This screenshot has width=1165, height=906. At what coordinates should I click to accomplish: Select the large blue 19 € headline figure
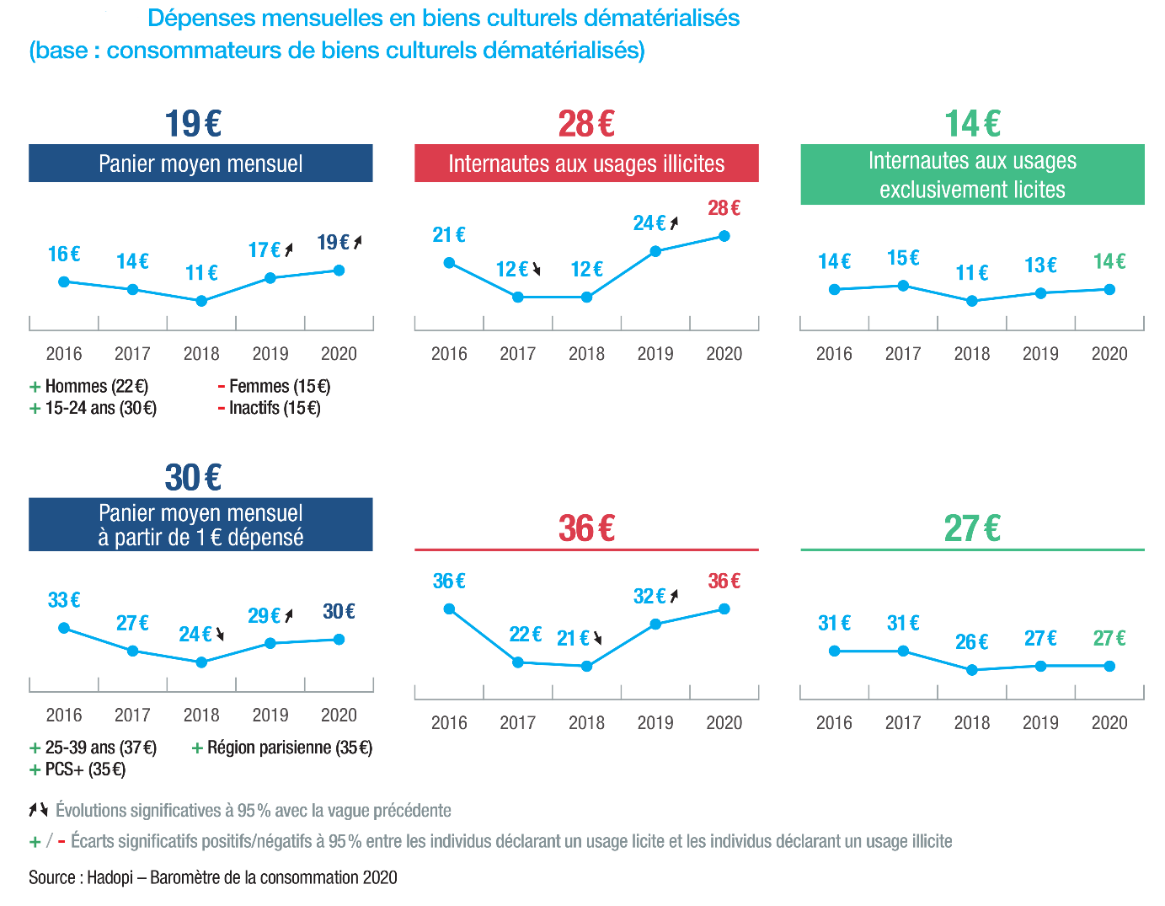pos(193,124)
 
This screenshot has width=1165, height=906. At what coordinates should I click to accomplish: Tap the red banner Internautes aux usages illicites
pos(586,164)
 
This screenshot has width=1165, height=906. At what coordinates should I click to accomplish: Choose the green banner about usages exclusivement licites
pos(972,175)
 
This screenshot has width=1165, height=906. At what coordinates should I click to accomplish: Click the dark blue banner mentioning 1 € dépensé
pos(200,525)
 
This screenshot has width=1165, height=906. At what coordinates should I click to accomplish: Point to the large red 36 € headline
pos(586,528)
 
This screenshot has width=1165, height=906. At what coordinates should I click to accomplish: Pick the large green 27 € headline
pos(972,528)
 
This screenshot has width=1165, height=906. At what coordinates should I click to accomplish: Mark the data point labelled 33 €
pos(64,628)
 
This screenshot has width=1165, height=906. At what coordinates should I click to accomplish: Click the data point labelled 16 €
pos(64,281)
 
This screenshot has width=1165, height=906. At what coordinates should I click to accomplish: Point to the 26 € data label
pos(971,642)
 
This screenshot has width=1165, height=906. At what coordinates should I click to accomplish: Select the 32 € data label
pos(649,597)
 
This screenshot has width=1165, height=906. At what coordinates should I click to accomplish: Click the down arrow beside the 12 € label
pos(536,270)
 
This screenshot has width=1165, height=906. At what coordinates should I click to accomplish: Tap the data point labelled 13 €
pos(1041,293)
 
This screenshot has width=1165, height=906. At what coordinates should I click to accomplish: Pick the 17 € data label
pos(265,250)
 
